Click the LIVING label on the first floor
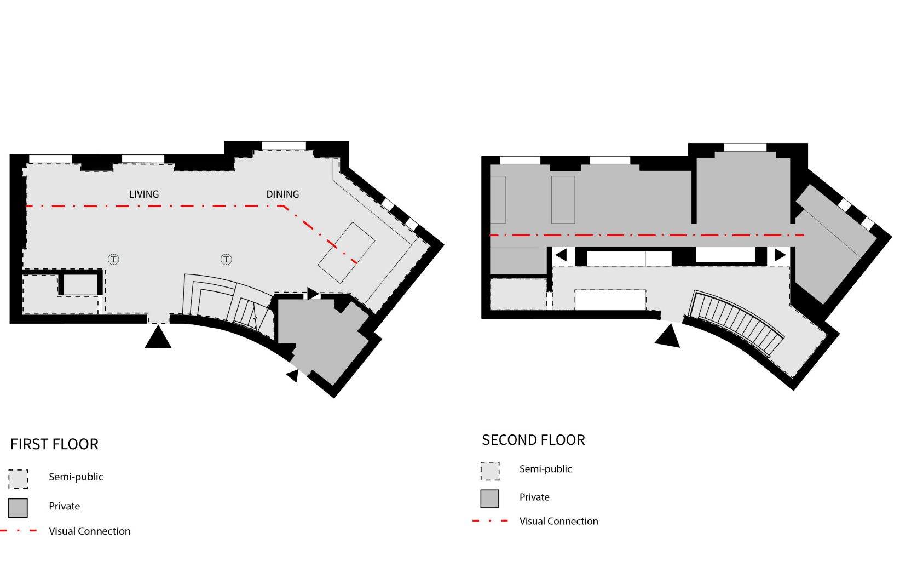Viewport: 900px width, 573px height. (x=144, y=194)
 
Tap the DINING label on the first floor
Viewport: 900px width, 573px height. (x=282, y=194)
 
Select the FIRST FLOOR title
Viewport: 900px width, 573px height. (x=54, y=444)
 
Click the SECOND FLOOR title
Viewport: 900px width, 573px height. (x=533, y=440)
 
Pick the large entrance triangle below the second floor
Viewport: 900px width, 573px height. (x=668, y=336)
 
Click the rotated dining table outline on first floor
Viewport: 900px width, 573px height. (x=347, y=253)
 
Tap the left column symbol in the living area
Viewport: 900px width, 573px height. (x=114, y=259)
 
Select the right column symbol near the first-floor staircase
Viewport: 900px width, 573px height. (x=226, y=259)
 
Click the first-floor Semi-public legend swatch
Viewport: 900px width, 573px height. (x=18, y=479)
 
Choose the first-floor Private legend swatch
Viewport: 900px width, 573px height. (x=18, y=508)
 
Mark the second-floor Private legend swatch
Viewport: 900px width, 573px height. (x=490, y=498)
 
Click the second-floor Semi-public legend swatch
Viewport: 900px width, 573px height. (x=490, y=471)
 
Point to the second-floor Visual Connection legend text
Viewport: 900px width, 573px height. (x=558, y=521)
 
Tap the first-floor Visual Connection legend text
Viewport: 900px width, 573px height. (x=90, y=531)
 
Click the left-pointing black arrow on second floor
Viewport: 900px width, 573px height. (x=561, y=255)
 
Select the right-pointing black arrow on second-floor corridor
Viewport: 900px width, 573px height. (x=780, y=255)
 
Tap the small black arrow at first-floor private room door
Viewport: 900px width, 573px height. (x=293, y=376)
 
